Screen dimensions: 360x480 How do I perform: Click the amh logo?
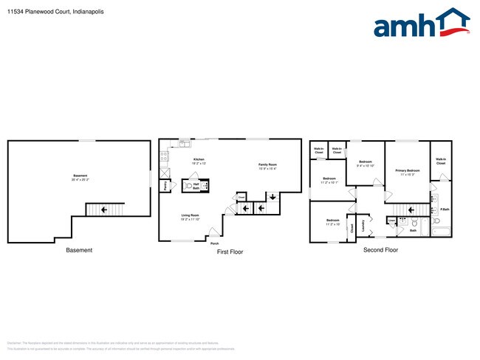[421, 24]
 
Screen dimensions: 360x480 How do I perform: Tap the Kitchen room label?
[198, 160]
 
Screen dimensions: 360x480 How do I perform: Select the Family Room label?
[267, 165]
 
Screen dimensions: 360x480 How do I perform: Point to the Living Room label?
[191, 216]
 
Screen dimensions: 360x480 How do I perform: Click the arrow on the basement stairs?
[103, 210]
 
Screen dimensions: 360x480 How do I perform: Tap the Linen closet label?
[391, 219]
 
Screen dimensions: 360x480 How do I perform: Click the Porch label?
[215, 243]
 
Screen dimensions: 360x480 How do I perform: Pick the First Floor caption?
[229, 252]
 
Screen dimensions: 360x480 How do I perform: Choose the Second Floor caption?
[380, 250]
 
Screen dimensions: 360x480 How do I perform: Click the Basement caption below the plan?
[79, 250]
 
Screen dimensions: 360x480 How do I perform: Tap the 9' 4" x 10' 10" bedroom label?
[366, 163]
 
